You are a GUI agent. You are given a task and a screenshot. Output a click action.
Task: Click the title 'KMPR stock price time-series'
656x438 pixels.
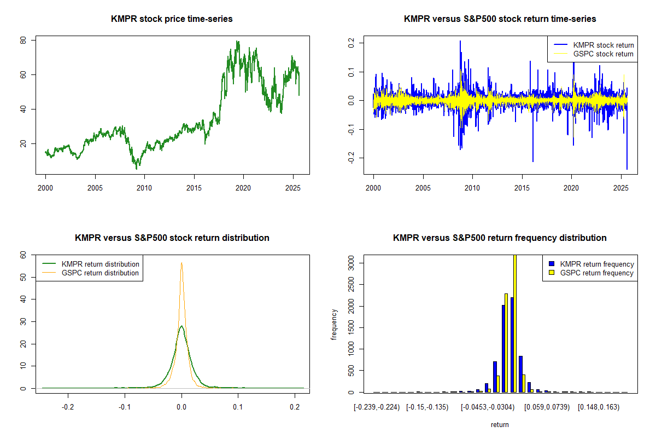(x=172, y=19)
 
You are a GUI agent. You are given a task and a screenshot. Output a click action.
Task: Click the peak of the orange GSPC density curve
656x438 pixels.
(x=181, y=263)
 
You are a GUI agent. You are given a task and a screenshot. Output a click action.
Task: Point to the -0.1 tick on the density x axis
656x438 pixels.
(x=125, y=407)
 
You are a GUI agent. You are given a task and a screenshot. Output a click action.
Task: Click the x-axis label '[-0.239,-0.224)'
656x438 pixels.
(x=377, y=407)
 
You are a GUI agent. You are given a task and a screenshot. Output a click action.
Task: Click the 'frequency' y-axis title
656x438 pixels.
(x=335, y=324)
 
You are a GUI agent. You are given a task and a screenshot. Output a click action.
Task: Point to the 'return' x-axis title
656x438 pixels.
(x=500, y=424)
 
